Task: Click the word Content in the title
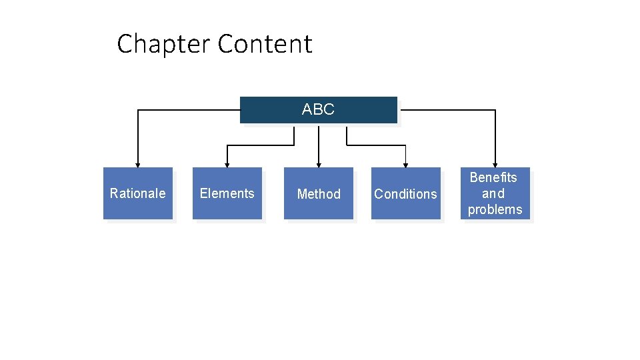coord(265,44)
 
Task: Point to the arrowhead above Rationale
coord(138,164)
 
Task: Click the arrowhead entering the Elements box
coord(227,164)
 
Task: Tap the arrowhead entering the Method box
coord(319,164)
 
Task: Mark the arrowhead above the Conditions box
coord(405,164)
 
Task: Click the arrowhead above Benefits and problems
coord(495,164)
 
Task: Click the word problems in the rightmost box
coord(495,209)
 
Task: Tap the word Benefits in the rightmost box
coord(493,177)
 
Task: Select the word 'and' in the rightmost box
coord(493,193)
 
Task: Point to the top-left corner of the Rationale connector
coord(138,110)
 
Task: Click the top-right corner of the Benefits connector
coord(495,110)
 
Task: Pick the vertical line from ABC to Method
coord(319,143)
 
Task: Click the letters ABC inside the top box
coord(318,109)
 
